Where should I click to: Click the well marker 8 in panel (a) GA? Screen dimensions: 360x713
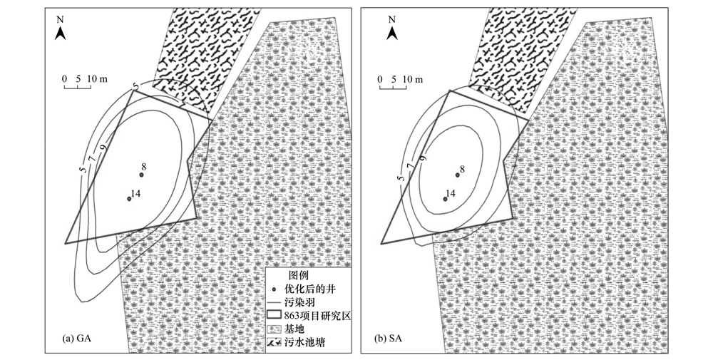pos(141,175)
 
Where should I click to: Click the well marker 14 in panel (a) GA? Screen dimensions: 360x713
pos(129,199)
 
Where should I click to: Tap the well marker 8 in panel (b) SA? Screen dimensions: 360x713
pos(458,175)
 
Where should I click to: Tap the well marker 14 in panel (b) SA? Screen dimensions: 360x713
pos(446,199)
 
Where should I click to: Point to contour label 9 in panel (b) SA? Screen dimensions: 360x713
pos(422,158)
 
